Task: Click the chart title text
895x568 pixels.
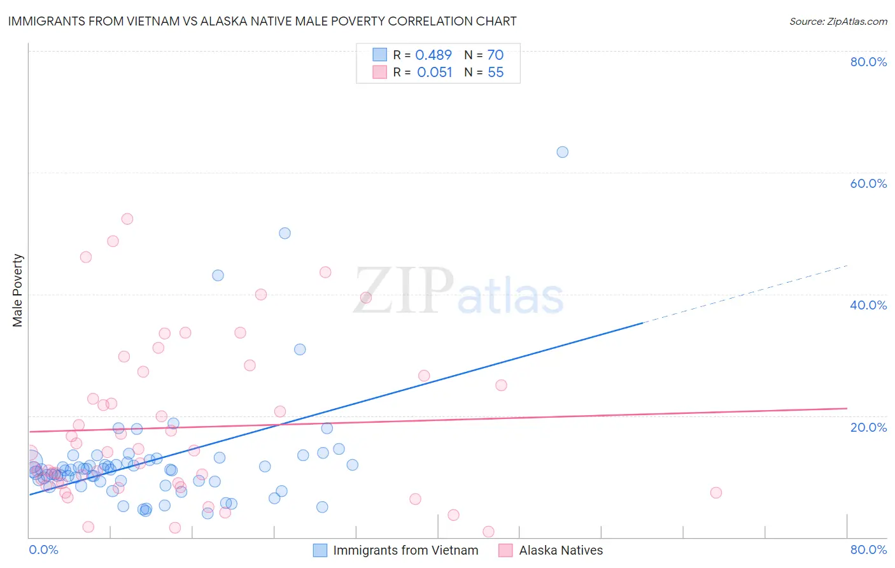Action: click(x=262, y=21)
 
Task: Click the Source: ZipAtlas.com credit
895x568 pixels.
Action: click(x=838, y=22)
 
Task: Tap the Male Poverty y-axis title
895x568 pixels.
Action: click(x=18, y=290)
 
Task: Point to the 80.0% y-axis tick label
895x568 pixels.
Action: click(x=868, y=62)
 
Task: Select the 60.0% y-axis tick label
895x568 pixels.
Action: click(x=868, y=183)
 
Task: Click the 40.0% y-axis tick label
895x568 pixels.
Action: click(x=868, y=305)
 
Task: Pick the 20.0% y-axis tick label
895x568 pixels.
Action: click(x=868, y=427)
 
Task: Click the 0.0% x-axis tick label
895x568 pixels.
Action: click(x=43, y=550)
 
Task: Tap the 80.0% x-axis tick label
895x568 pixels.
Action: click(x=868, y=550)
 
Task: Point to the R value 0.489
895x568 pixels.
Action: click(x=433, y=55)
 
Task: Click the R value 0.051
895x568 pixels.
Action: click(x=435, y=73)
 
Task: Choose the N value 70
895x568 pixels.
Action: click(x=495, y=55)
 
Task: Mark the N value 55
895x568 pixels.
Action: click(x=495, y=73)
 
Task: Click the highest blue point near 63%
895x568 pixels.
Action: click(x=562, y=152)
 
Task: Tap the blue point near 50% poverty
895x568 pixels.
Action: click(x=285, y=233)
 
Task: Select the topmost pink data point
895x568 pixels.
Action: click(x=127, y=219)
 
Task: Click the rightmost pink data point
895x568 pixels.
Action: click(x=715, y=492)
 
